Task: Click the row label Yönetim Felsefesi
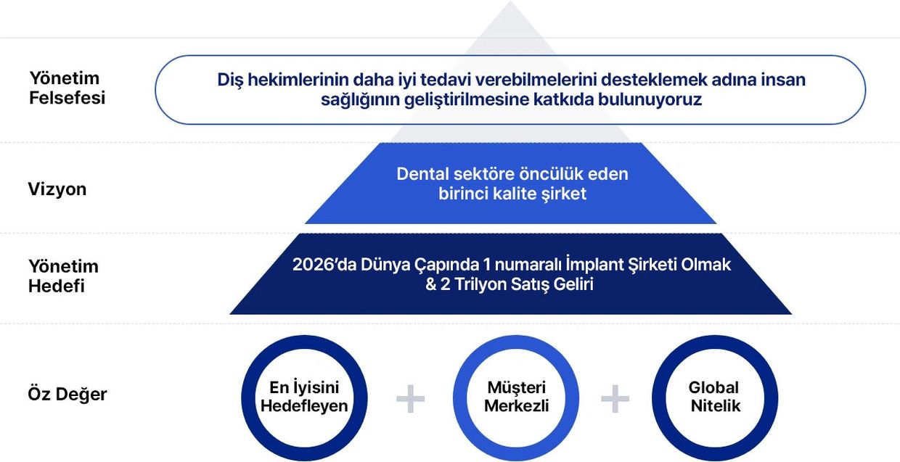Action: pyautogui.click(x=67, y=88)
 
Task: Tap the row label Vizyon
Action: pyautogui.click(x=57, y=189)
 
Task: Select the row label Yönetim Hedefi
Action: pyautogui.click(x=63, y=276)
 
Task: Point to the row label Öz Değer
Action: pyautogui.click(x=67, y=394)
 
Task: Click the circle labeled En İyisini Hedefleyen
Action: pyautogui.click(x=248, y=398)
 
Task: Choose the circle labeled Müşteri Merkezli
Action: pyautogui.click(x=459, y=398)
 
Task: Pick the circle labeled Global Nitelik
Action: pyautogui.click(x=658, y=398)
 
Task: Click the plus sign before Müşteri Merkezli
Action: pyautogui.click(x=410, y=399)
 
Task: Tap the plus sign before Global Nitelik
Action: pyautogui.click(x=615, y=399)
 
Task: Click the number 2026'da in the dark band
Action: pyautogui.click(x=324, y=265)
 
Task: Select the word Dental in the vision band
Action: pyautogui.click(x=422, y=174)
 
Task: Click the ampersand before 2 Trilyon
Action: pyautogui.click(x=430, y=284)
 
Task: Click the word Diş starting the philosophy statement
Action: pyautogui.click(x=230, y=80)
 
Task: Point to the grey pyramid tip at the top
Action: pyautogui.click(x=511, y=1)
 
